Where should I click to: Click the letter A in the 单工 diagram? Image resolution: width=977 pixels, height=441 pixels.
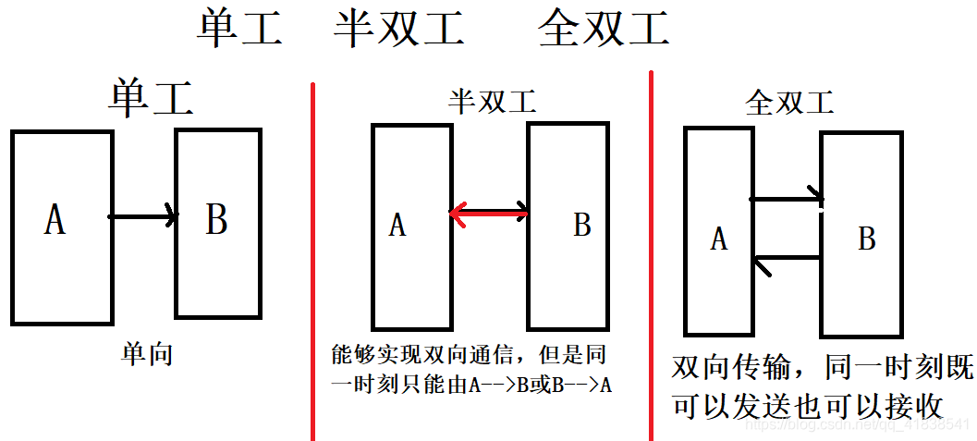(x=55, y=220)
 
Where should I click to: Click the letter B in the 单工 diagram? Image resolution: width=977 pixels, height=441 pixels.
(x=216, y=220)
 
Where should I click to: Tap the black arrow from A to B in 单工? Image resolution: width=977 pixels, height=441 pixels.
(x=142, y=216)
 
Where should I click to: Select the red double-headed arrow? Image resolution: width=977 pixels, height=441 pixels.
(x=490, y=214)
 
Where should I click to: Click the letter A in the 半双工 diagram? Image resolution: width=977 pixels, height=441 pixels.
(x=397, y=225)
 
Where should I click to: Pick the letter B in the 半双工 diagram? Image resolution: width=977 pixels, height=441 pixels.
(x=581, y=225)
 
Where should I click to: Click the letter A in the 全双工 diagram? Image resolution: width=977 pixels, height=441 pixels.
(x=719, y=239)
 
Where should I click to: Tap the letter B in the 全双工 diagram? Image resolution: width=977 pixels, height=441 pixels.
(x=867, y=239)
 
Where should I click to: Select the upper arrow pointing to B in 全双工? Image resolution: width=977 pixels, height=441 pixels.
(x=786, y=197)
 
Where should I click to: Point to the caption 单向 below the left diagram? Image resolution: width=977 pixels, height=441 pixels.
(x=147, y=355)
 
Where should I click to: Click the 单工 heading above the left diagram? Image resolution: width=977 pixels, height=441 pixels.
(x=151, y=98)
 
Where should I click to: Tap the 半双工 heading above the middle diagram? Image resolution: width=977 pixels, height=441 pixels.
(x=493, y=101)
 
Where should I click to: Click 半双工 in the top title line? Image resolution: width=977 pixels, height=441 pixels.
(x=398, y=29)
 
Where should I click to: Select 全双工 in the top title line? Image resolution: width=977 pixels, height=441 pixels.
(x=604, y=29)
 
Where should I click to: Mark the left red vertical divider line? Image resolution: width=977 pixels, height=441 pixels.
(x=312, y=259)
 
